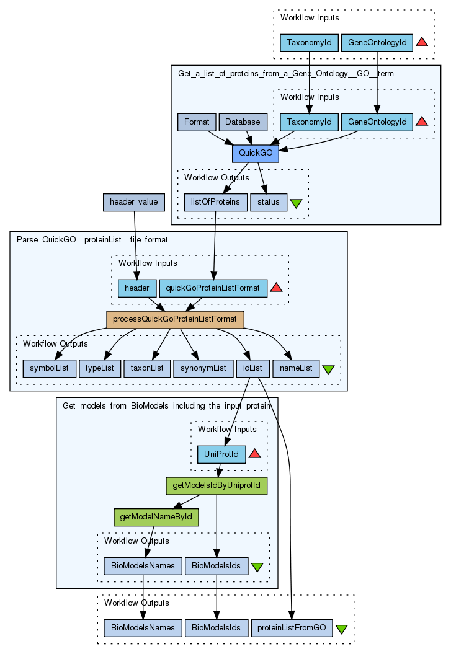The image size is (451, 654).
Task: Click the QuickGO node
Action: (x=255, y=153)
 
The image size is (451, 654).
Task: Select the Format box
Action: (x=197, y=122)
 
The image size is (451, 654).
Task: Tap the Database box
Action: (x=243, y=122)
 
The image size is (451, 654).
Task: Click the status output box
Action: (x=269, y=202)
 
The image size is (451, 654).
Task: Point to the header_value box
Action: (x=133, y=202)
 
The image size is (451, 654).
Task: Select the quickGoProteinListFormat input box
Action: (x=213, y=288)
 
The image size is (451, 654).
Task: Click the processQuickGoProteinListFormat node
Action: (x=175, y=319)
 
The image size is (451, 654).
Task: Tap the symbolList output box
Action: (x=49, y=368)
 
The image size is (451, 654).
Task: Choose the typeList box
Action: (x=99, y=368)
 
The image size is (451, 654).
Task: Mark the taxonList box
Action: (x=146, y=368)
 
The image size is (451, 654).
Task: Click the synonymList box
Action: (x=203, y=368)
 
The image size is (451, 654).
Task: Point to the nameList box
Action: (x=297, y=368)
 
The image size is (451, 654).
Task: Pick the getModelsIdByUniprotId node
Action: (x=216, y=485)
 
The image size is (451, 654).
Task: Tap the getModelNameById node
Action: (x=156, y=516)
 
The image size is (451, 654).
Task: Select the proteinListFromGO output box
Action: (x=291, y=628)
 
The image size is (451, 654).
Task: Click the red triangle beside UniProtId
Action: (x=254, y=454)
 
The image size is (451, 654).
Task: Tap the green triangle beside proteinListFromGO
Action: (x=341, y=629)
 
